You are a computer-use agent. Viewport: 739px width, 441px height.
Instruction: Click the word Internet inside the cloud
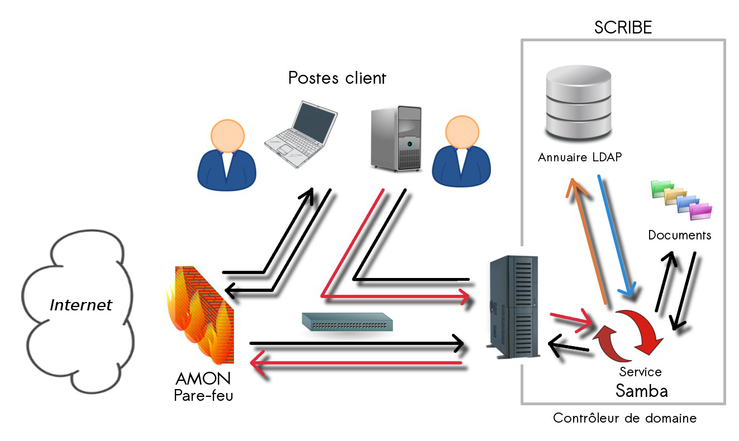[81, 305]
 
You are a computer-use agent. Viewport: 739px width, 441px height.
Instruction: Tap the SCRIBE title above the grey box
[623, 27]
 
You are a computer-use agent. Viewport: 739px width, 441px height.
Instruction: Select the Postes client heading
[337, 78]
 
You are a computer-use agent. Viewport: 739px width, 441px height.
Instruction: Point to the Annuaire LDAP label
[580, 157]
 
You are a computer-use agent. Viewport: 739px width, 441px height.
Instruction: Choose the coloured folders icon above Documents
[682, 199]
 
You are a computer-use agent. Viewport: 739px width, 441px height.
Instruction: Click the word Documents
[680, 235]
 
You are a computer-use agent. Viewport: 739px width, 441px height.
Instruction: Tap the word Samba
[641, 391]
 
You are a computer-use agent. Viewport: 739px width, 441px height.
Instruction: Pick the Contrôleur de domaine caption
[624, 418]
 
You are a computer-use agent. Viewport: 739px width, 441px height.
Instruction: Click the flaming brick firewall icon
[201, 315]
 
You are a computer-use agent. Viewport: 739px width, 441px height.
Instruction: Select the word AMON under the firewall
[202, 379]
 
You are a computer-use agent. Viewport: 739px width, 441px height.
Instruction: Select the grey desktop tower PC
[396, 138]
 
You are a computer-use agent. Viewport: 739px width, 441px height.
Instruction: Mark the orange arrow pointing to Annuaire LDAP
[588, 240]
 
